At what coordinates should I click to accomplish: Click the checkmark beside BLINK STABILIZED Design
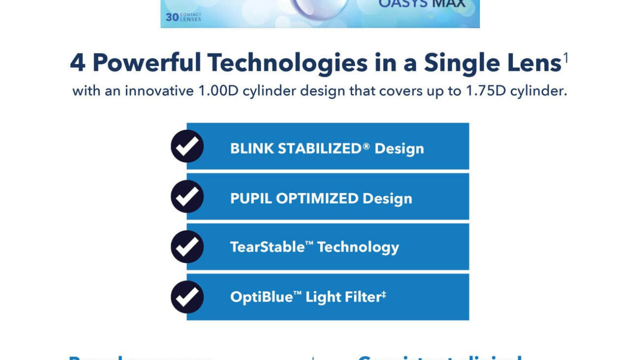[187, 146]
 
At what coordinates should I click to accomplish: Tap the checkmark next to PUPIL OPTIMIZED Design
[187, 196]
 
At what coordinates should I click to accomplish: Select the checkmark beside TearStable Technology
[187, 246]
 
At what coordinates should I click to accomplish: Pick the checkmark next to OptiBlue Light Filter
[187, 297]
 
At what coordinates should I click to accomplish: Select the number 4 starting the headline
[77, 63]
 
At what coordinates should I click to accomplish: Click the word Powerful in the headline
[147, 63]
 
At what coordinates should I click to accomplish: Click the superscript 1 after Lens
[566, 58]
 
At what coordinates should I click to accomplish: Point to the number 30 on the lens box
[172, 17]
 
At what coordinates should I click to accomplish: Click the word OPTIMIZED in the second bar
[317, 198]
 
